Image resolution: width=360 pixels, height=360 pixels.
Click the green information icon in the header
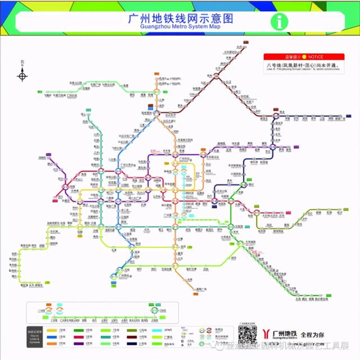click(x=278, y=21)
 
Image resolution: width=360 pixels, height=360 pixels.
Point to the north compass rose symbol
click(x=22, y=75)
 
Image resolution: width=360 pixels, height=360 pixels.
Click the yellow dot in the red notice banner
click(x=304, y=57)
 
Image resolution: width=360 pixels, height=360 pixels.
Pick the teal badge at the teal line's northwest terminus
click(x=89, y=111)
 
